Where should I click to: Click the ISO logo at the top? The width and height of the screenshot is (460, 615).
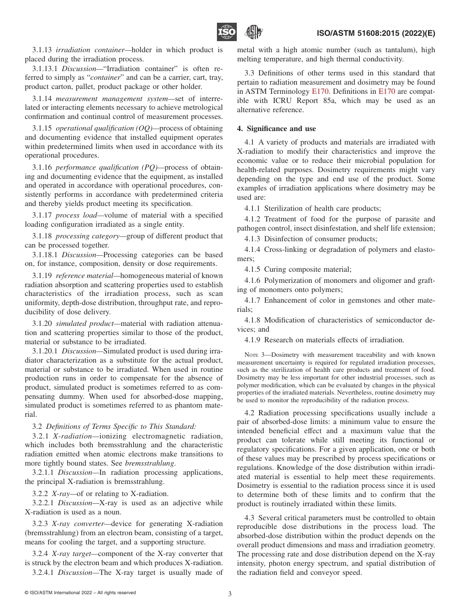pyautogui.click(x=227, y=32)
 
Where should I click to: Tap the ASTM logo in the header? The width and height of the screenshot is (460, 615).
pyautogui.click(x=253, y=32)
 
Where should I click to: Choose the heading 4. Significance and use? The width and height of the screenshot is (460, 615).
pyautogui.click(x=276, y=129)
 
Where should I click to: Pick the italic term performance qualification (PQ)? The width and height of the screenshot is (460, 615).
pyautogui.click(x=107, y=167)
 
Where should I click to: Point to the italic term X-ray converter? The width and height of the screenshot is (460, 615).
pyautogui.click(x=73, y=524)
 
